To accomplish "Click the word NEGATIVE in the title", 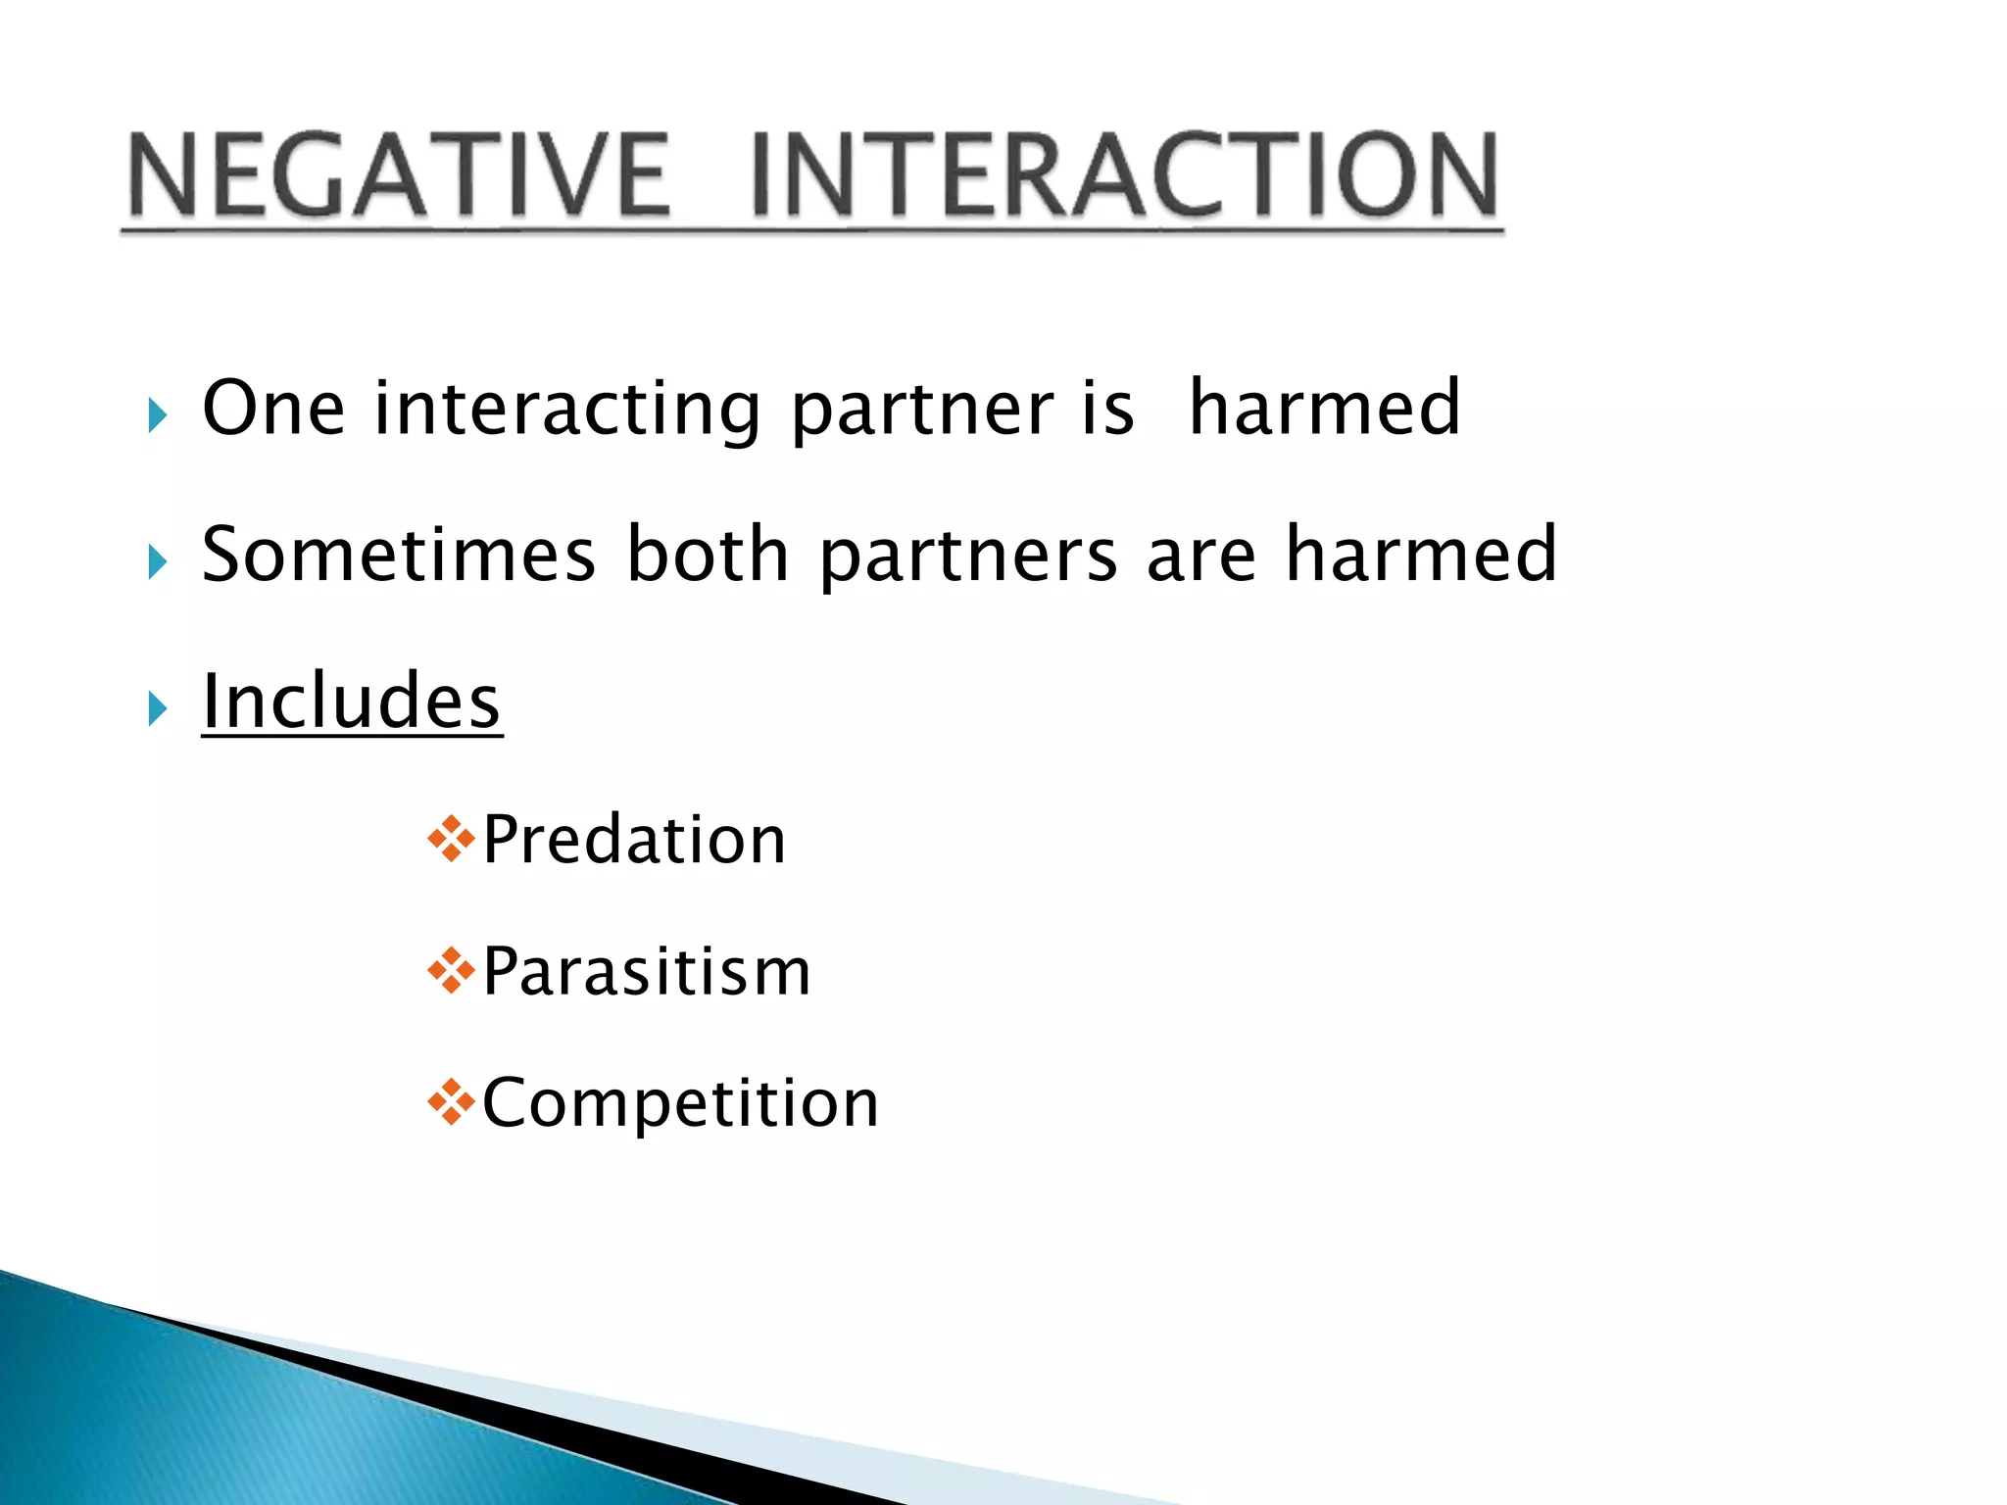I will pos(400,176).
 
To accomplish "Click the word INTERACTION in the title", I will pos(1124,176).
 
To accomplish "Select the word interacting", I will pos(567,410).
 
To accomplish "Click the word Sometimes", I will pos(399,555).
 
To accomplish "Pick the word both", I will pos(708,555).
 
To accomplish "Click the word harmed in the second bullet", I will pos(1421,555).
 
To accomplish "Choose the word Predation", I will pos(634,841).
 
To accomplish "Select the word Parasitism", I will pos(647,972).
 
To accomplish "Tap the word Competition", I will pos(680,1104).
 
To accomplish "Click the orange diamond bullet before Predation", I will pos(451,839).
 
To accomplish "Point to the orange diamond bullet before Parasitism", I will pos(451,971).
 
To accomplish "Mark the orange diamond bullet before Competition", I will pos(451,1102).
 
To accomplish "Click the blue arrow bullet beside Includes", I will pos(158,708).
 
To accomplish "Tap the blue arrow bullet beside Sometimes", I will pos(158,562).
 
